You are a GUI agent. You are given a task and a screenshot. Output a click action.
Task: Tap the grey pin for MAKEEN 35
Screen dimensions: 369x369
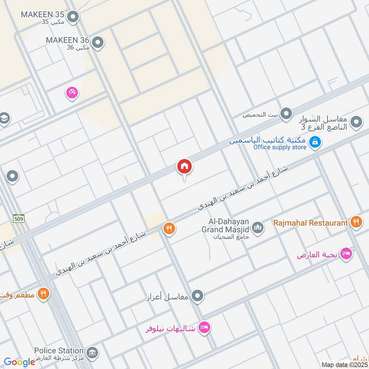[x=72, y=18]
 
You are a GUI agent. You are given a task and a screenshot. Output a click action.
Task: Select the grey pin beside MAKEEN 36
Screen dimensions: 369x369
[x=97, y=43]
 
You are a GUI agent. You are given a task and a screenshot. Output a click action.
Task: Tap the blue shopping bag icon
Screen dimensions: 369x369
[x=315, y=143]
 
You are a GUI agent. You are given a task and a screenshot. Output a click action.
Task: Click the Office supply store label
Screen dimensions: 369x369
[x=280, y=148]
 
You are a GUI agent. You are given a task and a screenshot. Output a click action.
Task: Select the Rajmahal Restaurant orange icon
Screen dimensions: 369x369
[x=356, y=222]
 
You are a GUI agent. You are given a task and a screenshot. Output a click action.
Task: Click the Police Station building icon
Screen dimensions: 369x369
[x=92, y=353]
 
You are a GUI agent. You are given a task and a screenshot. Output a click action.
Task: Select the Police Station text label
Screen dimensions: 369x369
[x=59, y=351]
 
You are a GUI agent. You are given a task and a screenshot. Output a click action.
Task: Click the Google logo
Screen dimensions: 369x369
[x=19, y=362]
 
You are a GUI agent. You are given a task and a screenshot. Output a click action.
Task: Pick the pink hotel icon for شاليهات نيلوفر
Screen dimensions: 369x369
[x=203, y=328]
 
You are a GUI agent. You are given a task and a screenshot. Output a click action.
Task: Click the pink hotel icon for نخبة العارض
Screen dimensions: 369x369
[x=346, y=253]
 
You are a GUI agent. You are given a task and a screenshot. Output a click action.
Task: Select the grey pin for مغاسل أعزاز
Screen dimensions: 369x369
[x=197, y=296]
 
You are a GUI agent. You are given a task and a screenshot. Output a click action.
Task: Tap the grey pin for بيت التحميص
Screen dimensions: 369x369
[x=286, y=113]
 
